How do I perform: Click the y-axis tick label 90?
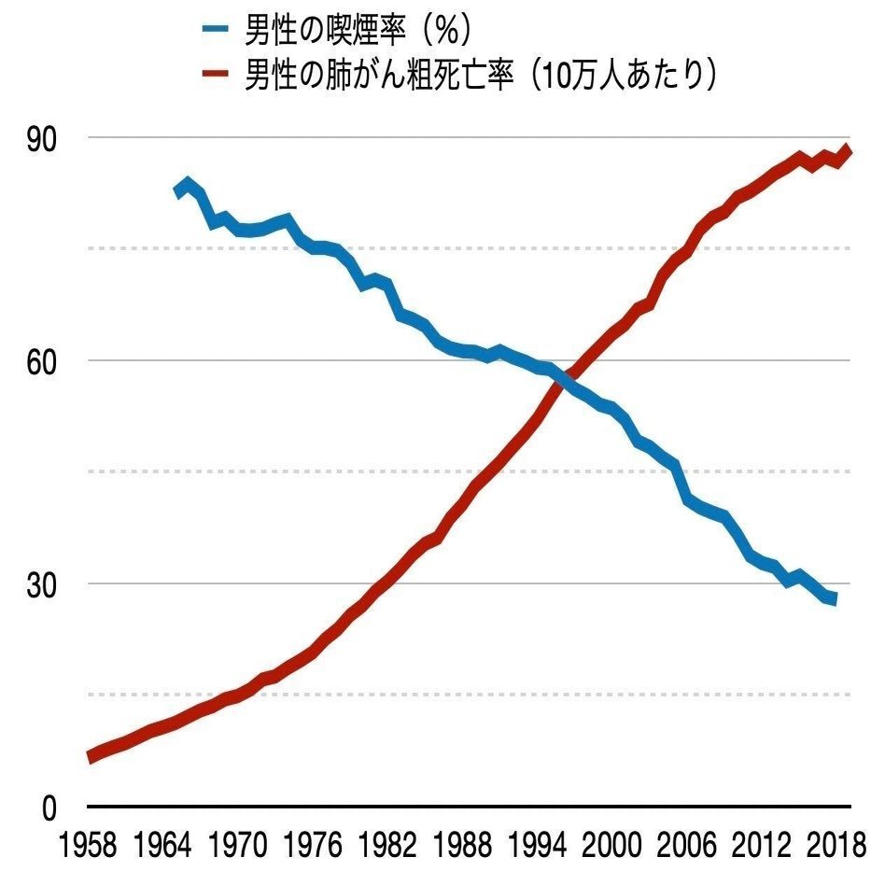[x=44, y=138]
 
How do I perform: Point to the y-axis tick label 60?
[x=44, y=361]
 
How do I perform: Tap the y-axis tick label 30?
[x=44, y=584]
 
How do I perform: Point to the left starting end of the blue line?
[x=177, y=192]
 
